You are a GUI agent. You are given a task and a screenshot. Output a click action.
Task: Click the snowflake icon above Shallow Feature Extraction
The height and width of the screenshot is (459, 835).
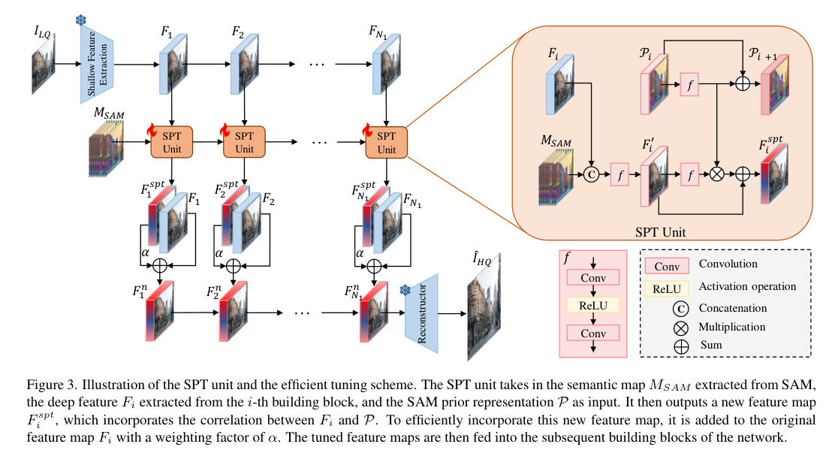tap(81, 18)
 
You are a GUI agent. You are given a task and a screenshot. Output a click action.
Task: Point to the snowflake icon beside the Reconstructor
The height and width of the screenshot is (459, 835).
tap(405, 290)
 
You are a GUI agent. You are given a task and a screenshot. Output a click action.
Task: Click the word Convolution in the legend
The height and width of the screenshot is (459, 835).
tap(728, 264)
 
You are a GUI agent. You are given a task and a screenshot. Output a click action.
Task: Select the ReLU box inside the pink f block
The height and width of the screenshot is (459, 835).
tap(594, 306)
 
